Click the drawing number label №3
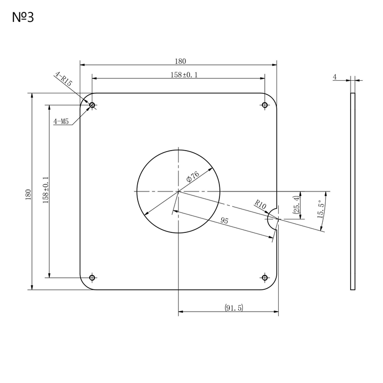22,18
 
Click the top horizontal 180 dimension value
180,61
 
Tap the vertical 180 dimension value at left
28,194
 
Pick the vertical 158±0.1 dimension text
45,190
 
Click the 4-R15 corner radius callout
64,79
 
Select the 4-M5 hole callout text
61,121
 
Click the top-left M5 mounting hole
92,105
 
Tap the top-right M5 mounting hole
265,105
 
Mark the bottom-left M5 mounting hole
92,277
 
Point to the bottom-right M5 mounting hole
265,277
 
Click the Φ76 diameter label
192,176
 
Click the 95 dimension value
224,221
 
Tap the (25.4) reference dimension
296,205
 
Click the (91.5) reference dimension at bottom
233,308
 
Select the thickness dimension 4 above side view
335,77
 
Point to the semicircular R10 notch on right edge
273,218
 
